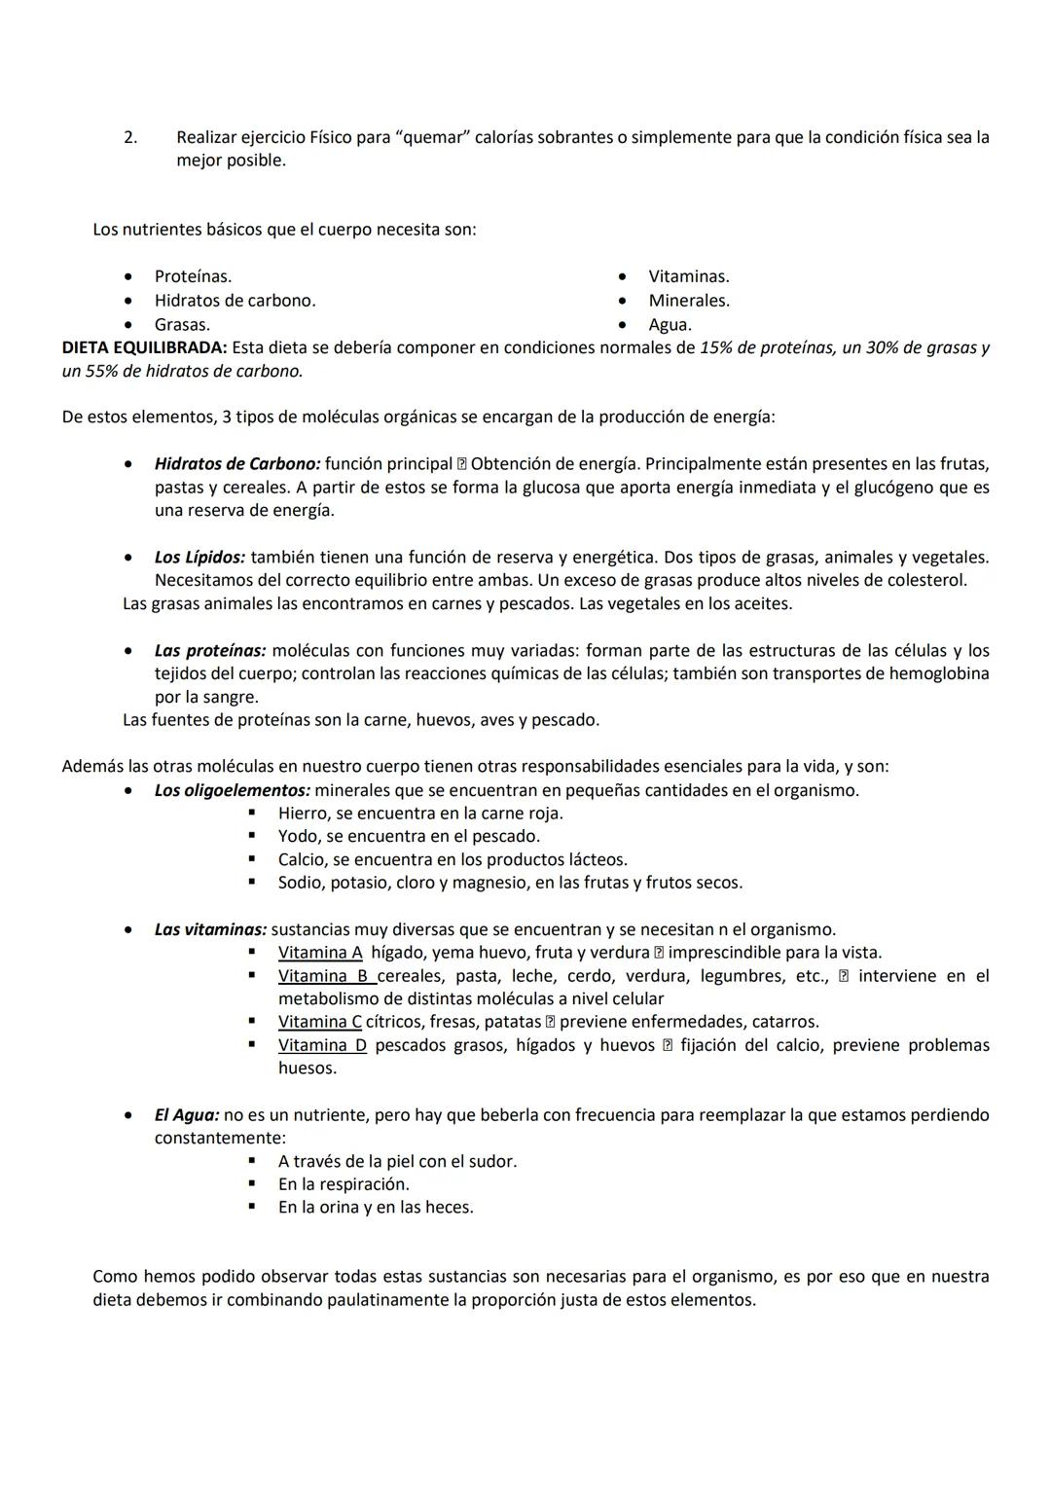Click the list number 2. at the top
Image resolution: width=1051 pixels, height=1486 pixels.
coord(130,137)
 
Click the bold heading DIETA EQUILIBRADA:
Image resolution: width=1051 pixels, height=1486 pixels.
coord(144,347)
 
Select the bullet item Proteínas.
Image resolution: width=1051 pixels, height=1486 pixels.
coord(193,276)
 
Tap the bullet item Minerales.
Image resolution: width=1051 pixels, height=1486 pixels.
coord(688,301)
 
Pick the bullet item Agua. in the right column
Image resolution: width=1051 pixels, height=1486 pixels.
coord(670,324)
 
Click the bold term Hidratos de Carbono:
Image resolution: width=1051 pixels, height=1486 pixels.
coord(236,464)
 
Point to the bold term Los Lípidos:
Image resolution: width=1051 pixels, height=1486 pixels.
coord(199,558)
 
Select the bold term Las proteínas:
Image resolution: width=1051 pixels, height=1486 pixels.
coord(209,650)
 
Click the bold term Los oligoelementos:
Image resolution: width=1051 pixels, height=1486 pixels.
coord(232,790)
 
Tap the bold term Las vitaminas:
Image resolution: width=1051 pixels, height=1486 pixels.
coord(210,929)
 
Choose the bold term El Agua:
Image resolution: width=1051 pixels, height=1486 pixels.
coord(187,1115)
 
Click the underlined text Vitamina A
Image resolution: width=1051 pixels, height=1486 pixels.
coord(320,953)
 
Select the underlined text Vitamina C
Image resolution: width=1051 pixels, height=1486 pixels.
coord(320,1022)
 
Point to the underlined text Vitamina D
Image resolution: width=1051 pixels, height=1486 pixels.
coord(322,1045)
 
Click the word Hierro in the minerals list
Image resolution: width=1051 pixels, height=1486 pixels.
coord(302,814)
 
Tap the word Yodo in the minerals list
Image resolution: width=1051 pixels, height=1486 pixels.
coord(297,836)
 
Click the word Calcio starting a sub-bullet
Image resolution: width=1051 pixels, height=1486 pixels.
coord(302,859)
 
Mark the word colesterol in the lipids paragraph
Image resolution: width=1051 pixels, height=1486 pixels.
coord(924,581)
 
